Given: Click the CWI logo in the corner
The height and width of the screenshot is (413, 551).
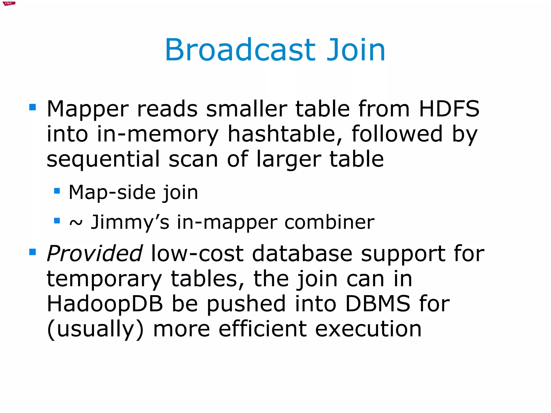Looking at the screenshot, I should pyautogui.click(x=9, y=3).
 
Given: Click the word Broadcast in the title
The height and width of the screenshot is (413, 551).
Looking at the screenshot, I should pyautogui.click(x=240, y=50).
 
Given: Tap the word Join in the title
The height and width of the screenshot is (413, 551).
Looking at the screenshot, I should pyautogui.click(x=356, y=50).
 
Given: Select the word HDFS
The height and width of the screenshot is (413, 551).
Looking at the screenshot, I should pyautogui.click(x=449, y=109).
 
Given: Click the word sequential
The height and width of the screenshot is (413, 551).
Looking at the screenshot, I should pyautogui.click(x=103, y=159).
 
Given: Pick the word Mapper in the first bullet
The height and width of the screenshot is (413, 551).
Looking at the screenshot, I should pyautogui.click(x=87, y=109).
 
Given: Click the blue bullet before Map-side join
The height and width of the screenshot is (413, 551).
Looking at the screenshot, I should pyautogui.click(x=57, y=191).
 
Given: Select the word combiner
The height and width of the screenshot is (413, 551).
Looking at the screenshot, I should pyautogui.click(x=329, y=222).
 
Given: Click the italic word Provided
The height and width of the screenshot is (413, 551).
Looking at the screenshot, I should pyautogui.click(x=94, y=253).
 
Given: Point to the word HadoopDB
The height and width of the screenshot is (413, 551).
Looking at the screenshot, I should pyautogui.click(x=105, y=304).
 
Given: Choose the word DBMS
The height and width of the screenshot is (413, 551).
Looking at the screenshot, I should pyautogui.click(x=377, y=304).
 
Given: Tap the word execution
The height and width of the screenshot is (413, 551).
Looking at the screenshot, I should pyautogui.click(x=368, y=329).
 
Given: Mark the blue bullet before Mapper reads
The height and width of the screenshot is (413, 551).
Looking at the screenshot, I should pyautogui.click(x=33, y=107).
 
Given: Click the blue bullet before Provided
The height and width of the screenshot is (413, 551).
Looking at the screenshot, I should pyautogui.click(x=33, y=252).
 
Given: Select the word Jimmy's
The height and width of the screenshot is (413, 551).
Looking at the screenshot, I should pyautogui.click(x=130, y=222).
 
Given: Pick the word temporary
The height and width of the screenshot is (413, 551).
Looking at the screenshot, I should pyautogui.click(x=104, y=279).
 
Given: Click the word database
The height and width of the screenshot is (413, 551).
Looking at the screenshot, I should pyautogui.click(x=302, y=253).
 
